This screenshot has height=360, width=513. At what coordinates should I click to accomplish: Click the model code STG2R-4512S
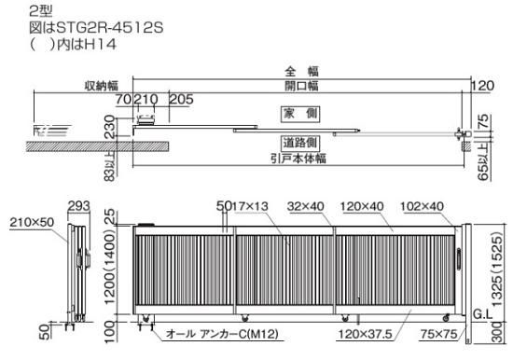pos(110,28)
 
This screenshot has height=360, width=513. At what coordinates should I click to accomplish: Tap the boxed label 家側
pos(300,114)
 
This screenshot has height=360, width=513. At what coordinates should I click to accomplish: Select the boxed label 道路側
pos(300,143)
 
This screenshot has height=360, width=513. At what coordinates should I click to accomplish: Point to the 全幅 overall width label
pos(301,71)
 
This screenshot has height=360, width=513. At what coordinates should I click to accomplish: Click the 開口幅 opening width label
pos(301,86)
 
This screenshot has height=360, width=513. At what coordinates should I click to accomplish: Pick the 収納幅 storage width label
pos(102,86)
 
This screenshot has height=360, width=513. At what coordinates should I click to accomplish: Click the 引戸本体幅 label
pos(298,159)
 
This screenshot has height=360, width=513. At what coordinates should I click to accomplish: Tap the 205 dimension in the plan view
pos(181,99)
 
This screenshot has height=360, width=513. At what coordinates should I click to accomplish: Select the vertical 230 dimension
pos(110,127)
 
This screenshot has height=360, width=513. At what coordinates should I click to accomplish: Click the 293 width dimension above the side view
pos(78,206)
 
